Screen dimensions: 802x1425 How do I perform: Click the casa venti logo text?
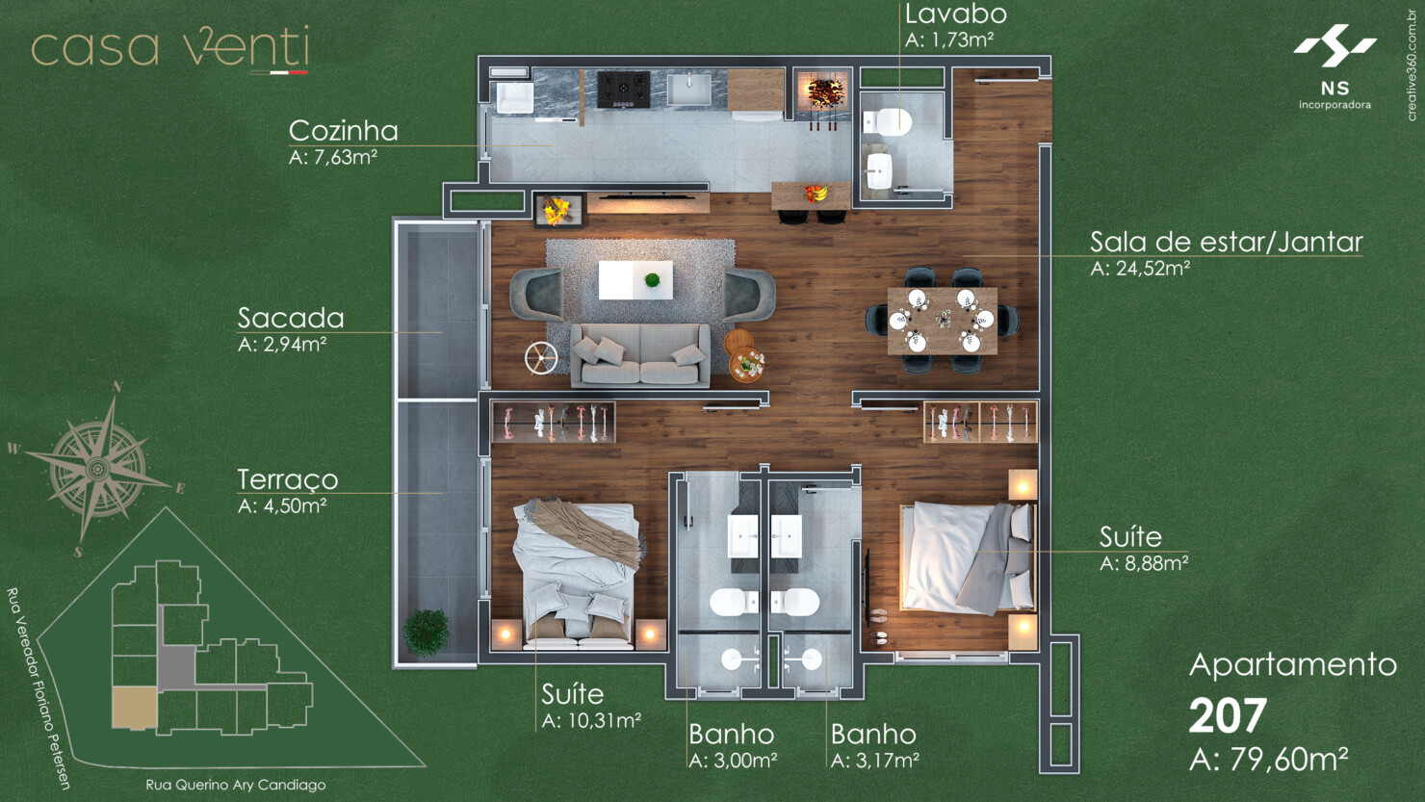coord(169,48)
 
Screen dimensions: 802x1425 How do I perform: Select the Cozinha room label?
coord(343,131)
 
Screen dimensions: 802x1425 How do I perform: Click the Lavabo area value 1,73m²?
coord(949,40)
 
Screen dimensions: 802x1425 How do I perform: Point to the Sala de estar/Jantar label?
coord(1226,242)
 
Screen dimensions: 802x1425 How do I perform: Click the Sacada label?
coord(291,318)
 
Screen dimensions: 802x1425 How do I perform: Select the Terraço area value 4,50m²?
coord(282,505)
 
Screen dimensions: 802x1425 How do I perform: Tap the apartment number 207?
coord(1228,716)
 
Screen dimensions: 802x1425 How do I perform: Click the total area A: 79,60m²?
coord(1268,760)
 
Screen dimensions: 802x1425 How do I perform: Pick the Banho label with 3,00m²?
coord(731,734)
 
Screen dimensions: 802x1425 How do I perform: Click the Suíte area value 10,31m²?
coord(591,720)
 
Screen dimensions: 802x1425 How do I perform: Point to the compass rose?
coord(96,469)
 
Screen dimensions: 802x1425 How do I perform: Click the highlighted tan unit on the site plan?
coord(134,708)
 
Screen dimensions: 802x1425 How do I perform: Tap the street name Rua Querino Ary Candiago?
coord(235,785)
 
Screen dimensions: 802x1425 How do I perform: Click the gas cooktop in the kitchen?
coord(623,90)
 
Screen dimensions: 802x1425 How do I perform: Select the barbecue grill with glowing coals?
coord(824,93)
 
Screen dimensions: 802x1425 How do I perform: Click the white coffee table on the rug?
coord(635,280)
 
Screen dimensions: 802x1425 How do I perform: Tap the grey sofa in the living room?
coord(640,354)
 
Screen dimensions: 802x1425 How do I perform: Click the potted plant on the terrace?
coord(426,633)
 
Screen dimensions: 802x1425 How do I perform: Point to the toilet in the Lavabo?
coord(889,121)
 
